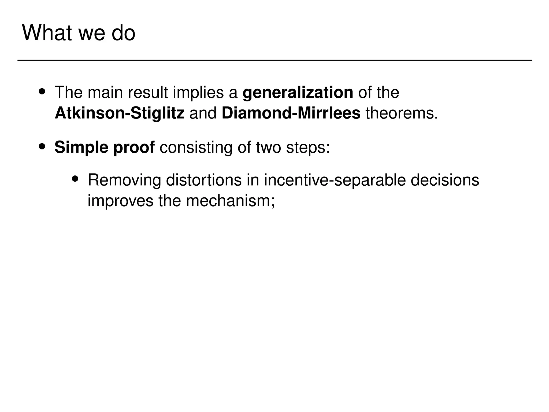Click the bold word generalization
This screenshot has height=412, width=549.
[298, 93]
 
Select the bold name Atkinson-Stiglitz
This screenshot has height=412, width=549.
[120, 113]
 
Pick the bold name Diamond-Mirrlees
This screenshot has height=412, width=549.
[291, 113]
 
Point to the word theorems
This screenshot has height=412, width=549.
[401, 113]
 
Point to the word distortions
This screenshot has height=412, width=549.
[204, 180]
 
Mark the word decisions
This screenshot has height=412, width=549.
[445, 180]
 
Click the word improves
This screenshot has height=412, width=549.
[121, 201]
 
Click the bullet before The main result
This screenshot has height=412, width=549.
[42, 92]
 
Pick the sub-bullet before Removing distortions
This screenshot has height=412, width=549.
[75, 179]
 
